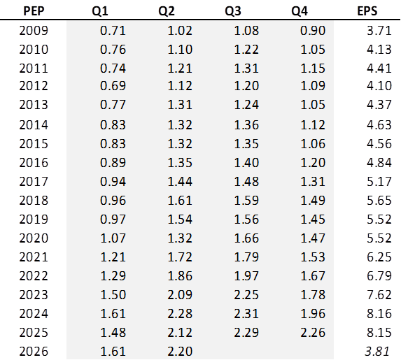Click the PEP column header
coord(34,11)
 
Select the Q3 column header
coord(233,11)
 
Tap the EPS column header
coord(367,11)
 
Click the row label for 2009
coord(34,30)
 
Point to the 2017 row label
coord(34,182)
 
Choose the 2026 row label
coord(34,352)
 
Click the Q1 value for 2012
coord(113,85)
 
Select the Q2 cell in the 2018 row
coord(180,201)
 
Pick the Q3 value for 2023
coord(246,294)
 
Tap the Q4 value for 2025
coord(313,333)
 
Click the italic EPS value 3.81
coord(377,352)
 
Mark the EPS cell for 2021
coord(379,257)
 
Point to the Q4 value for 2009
coord(313,30)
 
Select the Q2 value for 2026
coord(180,352)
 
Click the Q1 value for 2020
coord(113,238)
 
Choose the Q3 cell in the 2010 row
coord(246,50)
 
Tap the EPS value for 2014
coord(379,125)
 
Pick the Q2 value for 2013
coord(180,104)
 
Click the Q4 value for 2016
coord(313,162)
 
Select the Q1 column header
coord(100,11)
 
